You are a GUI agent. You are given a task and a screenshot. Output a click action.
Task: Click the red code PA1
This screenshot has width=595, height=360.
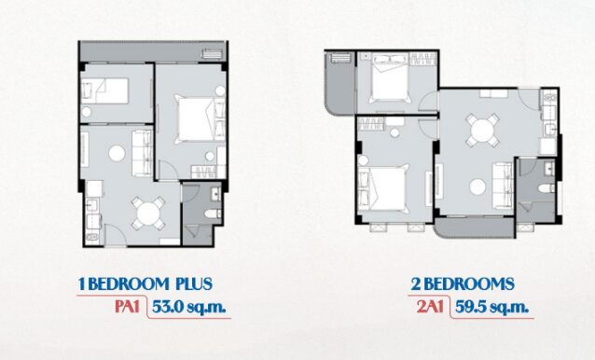127,307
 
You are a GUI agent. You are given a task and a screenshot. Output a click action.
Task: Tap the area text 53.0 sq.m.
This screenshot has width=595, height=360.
189,307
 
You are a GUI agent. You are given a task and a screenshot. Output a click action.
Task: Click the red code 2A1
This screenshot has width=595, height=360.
430,307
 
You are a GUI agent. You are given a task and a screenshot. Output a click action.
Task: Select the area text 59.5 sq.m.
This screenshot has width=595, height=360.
491,307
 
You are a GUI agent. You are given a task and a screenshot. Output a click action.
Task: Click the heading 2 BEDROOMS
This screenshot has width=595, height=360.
463,284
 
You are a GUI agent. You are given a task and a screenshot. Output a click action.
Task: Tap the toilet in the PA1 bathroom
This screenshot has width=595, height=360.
213,214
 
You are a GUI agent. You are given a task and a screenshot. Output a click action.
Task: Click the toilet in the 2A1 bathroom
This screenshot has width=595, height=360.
547,188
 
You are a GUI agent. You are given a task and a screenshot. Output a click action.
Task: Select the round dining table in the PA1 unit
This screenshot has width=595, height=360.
148,214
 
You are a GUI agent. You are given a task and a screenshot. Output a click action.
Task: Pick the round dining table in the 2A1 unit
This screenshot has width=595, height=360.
482,131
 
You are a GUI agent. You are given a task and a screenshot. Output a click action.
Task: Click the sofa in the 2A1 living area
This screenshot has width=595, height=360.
504,186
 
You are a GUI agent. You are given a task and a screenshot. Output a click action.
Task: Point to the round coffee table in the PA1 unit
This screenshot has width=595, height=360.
117,153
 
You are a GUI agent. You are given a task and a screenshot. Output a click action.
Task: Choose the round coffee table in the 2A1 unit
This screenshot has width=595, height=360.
477,187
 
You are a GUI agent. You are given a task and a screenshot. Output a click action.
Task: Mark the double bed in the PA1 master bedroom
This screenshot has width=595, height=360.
196,119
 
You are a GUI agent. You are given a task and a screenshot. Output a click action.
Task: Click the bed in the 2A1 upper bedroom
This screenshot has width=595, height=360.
390,77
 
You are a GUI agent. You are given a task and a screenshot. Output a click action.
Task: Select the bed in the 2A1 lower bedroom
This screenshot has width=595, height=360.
384,187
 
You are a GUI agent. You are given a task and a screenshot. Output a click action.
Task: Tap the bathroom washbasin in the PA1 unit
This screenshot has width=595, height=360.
216,193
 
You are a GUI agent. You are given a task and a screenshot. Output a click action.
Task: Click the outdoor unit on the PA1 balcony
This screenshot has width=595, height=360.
212,54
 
